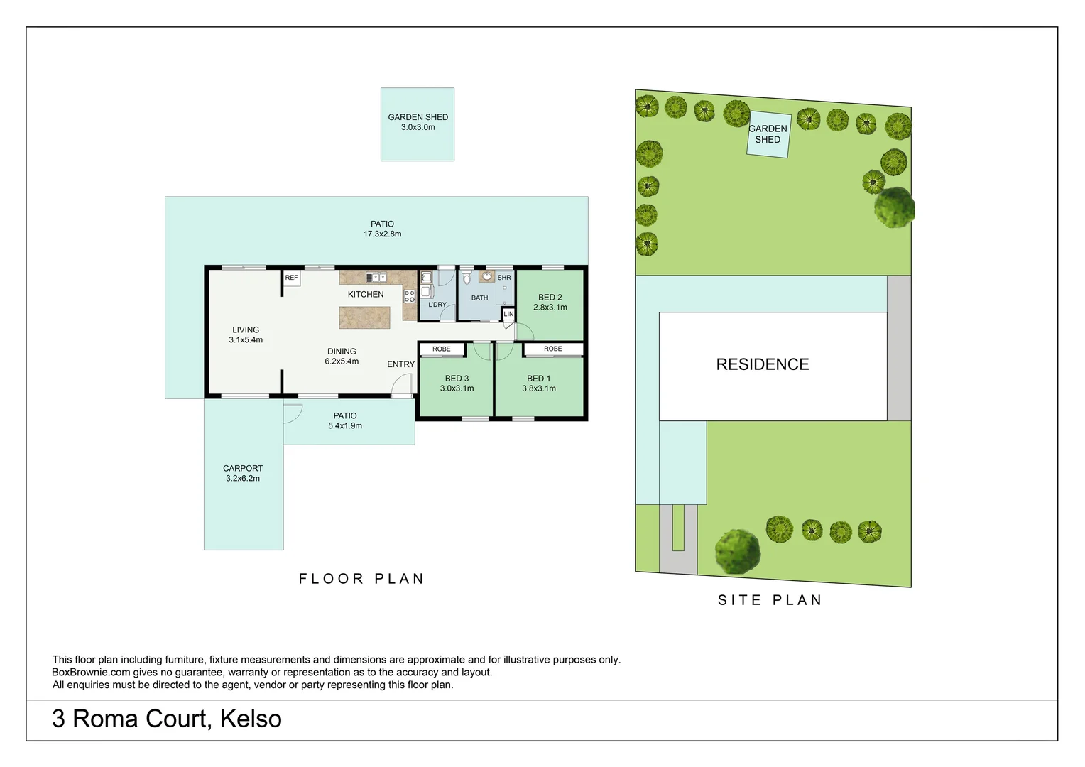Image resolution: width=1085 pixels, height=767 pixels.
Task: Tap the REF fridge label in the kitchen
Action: (x=291, y=278)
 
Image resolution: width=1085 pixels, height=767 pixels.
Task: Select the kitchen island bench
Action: (x=364, y=317)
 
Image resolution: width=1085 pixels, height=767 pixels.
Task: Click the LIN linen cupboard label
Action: (x=508, y=314)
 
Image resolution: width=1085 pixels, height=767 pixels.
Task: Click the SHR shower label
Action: (x=504, y=278)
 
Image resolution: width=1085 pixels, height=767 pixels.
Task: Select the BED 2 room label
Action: (x=550, y=298)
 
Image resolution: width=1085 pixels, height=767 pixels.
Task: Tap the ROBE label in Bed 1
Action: (x=552, y=349)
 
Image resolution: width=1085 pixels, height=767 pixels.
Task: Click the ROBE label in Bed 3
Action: (x=441, y=349)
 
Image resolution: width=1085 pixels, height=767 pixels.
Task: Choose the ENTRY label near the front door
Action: (x=400, y=364)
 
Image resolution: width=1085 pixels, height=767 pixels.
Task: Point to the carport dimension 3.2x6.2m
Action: (x=243, y=479)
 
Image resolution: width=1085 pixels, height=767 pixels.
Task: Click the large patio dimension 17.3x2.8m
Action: (x=382, y=234)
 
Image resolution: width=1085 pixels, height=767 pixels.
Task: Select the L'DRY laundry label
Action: (x=437, y=305)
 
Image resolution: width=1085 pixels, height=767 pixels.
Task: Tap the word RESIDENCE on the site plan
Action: (x=762, y=364)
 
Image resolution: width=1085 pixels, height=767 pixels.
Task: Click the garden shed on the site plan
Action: (x=768, y=134)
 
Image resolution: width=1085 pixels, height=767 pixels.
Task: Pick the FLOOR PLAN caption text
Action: (x=361, y=579)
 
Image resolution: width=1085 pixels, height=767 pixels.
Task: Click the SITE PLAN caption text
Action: (x=770, y=600)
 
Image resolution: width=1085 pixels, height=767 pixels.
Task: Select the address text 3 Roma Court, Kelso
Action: (x=167, y=719)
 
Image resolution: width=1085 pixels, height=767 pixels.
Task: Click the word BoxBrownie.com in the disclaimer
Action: (x=91, y=673)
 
